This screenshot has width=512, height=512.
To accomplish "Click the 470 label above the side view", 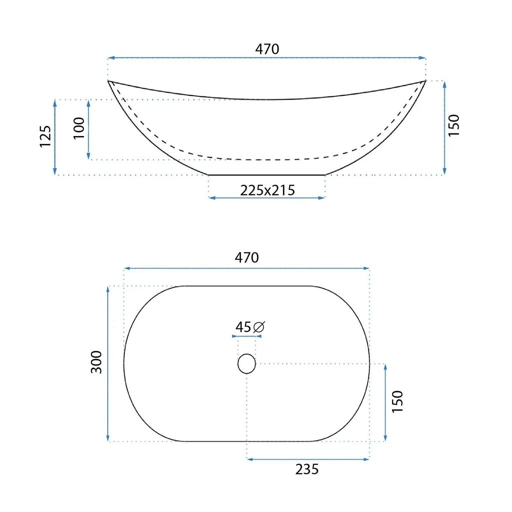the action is tap(267, 49).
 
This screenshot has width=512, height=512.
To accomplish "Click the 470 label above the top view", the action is tap(246, 257).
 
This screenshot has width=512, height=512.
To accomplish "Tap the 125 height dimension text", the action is tap(45, 136).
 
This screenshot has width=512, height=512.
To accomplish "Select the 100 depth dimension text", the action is tap(79, 128).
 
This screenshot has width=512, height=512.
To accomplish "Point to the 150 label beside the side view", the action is tap(454, 125).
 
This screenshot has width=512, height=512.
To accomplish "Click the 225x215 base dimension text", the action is tap(267, 190).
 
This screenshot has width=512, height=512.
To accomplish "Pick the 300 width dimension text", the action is tap(96, 362).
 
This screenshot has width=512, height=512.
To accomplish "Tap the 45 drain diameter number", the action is tap(243, 327).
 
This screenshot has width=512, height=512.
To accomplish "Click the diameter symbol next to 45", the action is tap(259, 327).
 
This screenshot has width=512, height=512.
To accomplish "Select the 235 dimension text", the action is tap(307, 469).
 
